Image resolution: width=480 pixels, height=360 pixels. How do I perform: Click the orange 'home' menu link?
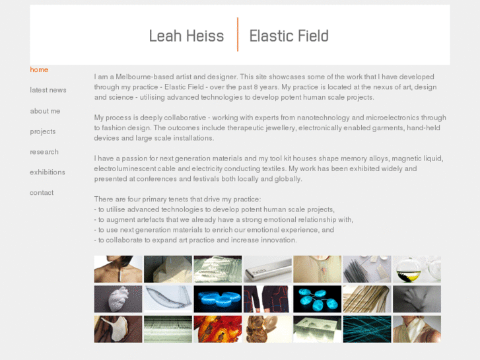39,69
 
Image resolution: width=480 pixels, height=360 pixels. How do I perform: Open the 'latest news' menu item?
48,90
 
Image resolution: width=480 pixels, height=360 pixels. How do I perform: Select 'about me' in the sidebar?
45,111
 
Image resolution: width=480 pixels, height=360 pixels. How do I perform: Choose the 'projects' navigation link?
42,131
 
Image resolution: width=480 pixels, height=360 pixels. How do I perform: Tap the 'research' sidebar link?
44,152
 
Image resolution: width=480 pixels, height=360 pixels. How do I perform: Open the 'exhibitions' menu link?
48,172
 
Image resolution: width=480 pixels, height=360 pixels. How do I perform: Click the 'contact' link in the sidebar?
42,193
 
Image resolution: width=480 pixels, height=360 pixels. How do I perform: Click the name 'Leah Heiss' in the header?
186,36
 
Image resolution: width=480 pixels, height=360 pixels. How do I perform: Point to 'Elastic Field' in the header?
289,36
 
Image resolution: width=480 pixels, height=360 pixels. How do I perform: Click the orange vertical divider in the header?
238,35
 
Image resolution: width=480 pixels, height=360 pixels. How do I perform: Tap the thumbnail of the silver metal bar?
267,270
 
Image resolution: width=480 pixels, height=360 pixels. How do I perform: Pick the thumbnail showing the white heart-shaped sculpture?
118,299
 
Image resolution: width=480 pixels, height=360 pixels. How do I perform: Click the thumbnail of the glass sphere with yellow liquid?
417,270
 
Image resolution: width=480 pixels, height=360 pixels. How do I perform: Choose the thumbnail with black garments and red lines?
267,299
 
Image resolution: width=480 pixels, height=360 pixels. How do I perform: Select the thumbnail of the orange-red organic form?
217,329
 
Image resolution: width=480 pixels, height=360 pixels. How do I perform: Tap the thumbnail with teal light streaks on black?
366,329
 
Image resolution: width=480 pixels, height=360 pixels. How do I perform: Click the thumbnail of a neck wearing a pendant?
118,270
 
